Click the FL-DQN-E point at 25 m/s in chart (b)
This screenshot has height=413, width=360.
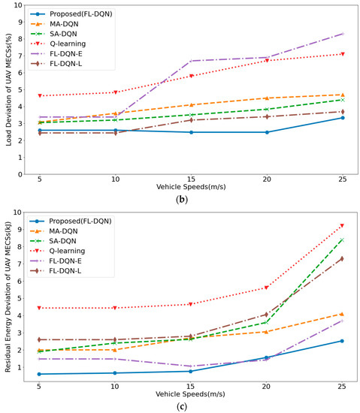click(343, 34)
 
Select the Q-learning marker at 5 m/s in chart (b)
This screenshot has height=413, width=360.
click(38, 96)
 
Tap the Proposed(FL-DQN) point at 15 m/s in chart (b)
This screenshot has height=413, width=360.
click(190, 132)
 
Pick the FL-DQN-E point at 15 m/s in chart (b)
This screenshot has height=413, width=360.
click(190, 61)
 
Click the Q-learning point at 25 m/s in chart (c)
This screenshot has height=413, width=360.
click(343, 225)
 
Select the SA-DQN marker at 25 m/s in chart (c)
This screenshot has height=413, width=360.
click(343, 240)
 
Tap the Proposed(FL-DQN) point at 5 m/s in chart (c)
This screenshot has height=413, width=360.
click(38, 374)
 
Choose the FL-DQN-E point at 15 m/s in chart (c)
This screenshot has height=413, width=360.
click(190, 366)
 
